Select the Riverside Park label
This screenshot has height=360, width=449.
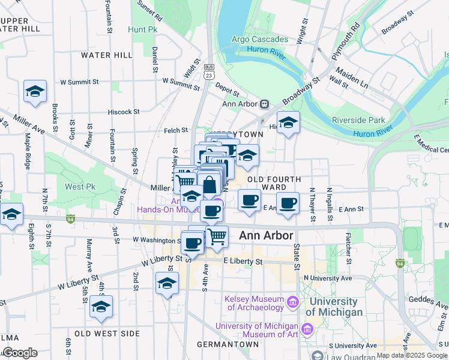(358, 120)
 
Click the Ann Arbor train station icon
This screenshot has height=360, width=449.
(264, 104)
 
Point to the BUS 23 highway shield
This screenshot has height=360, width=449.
(208, 71)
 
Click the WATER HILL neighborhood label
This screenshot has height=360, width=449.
(106, 55)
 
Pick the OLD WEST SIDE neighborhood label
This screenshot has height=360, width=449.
(107, 334)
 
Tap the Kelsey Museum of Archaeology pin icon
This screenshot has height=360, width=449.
(292, 301)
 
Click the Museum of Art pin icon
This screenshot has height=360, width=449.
(307, 329)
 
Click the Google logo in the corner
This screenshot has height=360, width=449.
(19, 353)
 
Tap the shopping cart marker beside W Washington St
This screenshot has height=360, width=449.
(217, 236)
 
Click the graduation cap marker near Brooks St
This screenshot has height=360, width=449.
(35, 92)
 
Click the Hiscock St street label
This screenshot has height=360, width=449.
(124, 112)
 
